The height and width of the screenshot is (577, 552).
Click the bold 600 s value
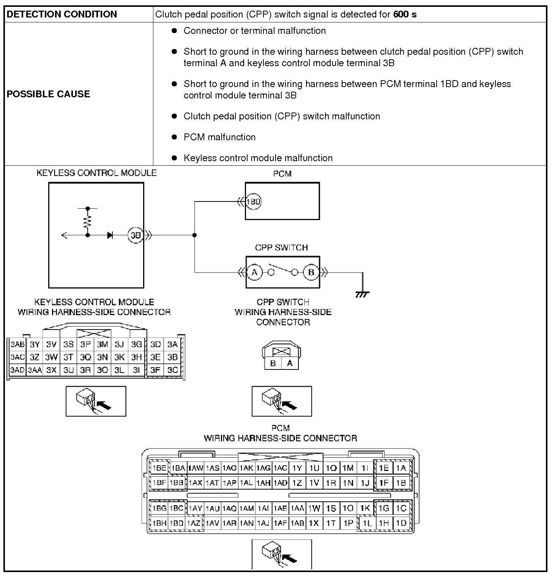[x=405, y=14]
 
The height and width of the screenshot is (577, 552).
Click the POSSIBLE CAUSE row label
[x=48, y=94]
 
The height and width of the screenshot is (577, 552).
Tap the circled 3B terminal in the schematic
[x=136, y=235]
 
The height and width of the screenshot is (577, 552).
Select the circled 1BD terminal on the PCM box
[x=254, y=201]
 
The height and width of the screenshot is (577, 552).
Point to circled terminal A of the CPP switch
[x=255, y=272]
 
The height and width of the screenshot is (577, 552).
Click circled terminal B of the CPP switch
[x=311, y=272]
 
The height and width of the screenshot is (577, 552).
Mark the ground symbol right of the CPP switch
[x=362, y=293]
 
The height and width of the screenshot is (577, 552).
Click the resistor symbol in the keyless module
[x=88, y=221]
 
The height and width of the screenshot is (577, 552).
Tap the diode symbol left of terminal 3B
[x=110, y=235]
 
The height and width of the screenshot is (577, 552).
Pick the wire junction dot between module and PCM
[x=195, y=235]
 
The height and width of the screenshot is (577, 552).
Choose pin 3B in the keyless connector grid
[x=173, y=357]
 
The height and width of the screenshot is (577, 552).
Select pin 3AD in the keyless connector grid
[x=17, y=370]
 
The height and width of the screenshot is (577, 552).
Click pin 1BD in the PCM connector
[x=177, y=523]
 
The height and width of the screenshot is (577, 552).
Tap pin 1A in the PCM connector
[x=401, y=468]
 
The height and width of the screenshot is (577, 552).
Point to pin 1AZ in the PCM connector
[x=194, y=523]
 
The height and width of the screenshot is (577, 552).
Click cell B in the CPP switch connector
[x=273, y=363]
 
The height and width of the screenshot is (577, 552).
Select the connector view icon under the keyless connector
[x=96, y=401]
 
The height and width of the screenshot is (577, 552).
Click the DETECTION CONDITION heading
[x=62, y=14]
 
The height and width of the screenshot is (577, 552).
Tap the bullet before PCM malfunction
[x=174, y=137]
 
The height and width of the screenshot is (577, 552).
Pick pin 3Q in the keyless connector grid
[x=85, y=357]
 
